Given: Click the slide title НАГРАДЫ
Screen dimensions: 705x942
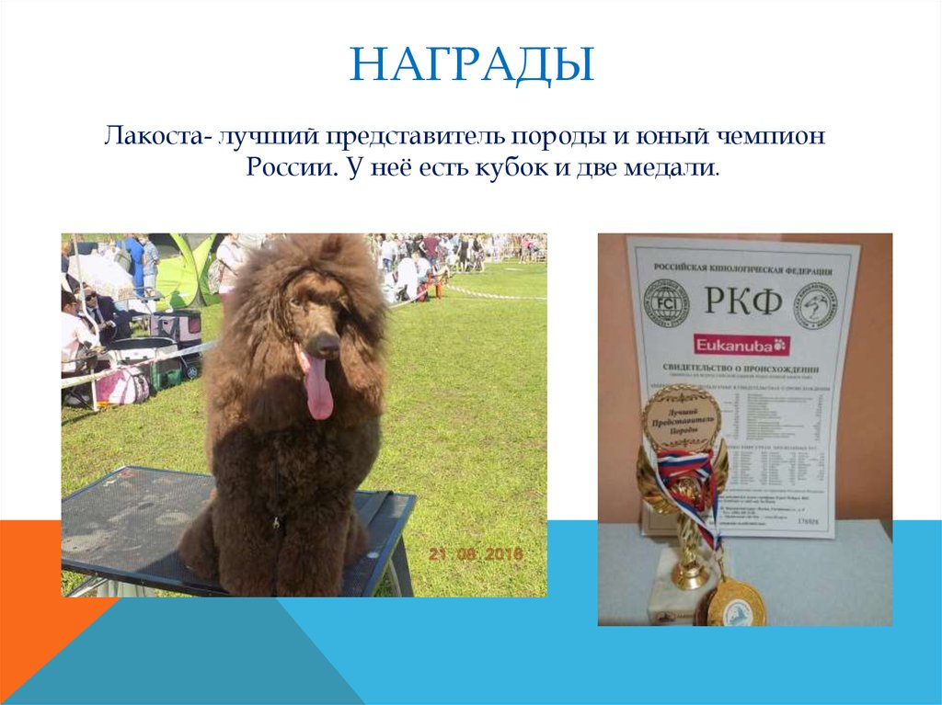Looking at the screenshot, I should point(471,66).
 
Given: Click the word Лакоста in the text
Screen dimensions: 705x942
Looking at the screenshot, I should point(153,137).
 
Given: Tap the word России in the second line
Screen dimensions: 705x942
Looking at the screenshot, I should point(281,170).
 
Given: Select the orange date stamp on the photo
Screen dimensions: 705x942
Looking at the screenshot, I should point(475,554).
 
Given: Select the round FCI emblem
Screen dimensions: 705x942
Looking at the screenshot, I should point(665,303).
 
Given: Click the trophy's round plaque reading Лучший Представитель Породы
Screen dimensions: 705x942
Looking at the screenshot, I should point(682,418).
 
